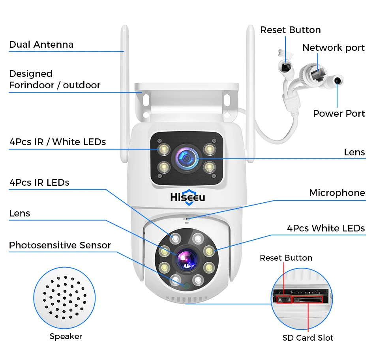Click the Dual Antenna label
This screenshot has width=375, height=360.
pos(41,45)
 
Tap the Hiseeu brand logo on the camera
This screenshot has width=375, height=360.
pos(187,197)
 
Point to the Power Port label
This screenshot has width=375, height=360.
pos(339,114)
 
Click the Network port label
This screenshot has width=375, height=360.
pos(333,48)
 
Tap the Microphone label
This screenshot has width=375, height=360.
pos(337,193)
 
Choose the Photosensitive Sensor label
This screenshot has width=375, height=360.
pos(60,245)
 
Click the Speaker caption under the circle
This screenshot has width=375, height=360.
pos(66,336)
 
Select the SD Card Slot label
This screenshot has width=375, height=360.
pos(307,338)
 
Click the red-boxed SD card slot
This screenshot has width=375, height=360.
pos(307,300)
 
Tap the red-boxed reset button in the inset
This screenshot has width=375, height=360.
pos(283,300)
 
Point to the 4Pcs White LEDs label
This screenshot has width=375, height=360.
pos(326,228)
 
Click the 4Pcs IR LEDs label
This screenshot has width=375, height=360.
pos(39,183)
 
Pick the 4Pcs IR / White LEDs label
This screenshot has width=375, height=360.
pos(57,142)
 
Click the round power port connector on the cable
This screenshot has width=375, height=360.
pos(337,81)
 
